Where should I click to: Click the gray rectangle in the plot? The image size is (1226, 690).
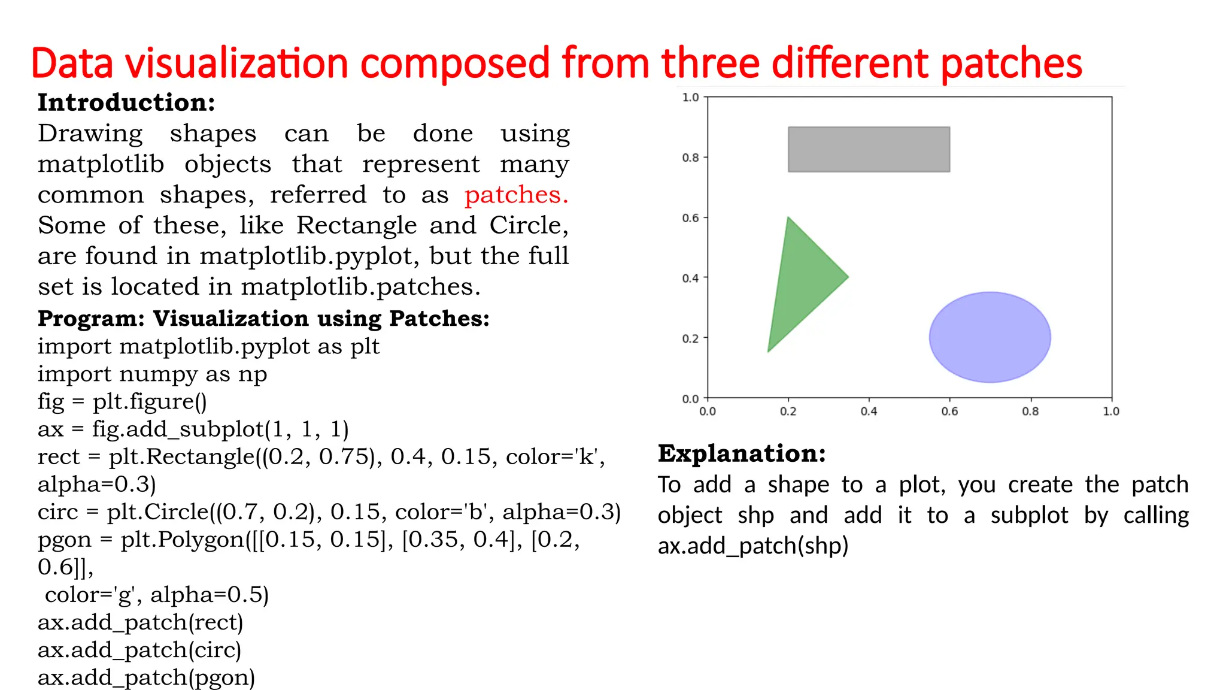tap(869, 149)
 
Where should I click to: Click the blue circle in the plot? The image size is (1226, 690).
tap(990, 337)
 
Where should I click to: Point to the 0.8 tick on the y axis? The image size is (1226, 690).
tap(690, 158)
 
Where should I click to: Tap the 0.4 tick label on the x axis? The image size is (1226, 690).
tap(869, 411)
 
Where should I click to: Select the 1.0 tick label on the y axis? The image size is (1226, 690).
tap(690, 98)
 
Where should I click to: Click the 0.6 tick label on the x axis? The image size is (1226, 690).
tap(949, 411)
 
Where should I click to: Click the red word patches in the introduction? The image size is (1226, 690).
tap(515, 195)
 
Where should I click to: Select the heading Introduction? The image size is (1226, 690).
tap(126, 102)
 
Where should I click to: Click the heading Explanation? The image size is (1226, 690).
tap(742, 453)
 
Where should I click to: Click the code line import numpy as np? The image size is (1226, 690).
tap(152, 374)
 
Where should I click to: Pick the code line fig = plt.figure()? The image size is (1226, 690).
tap(122, 401)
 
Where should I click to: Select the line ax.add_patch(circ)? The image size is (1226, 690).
tap(139, 650)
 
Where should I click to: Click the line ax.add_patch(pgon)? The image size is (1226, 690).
tap(146, 677)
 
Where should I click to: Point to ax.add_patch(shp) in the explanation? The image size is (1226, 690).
tap(753, 546)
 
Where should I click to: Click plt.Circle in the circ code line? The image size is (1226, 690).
tap(157, 512)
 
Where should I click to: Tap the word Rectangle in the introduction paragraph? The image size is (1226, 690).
tap(357, 225)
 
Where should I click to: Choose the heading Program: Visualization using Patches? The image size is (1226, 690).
tap(263, 319)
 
